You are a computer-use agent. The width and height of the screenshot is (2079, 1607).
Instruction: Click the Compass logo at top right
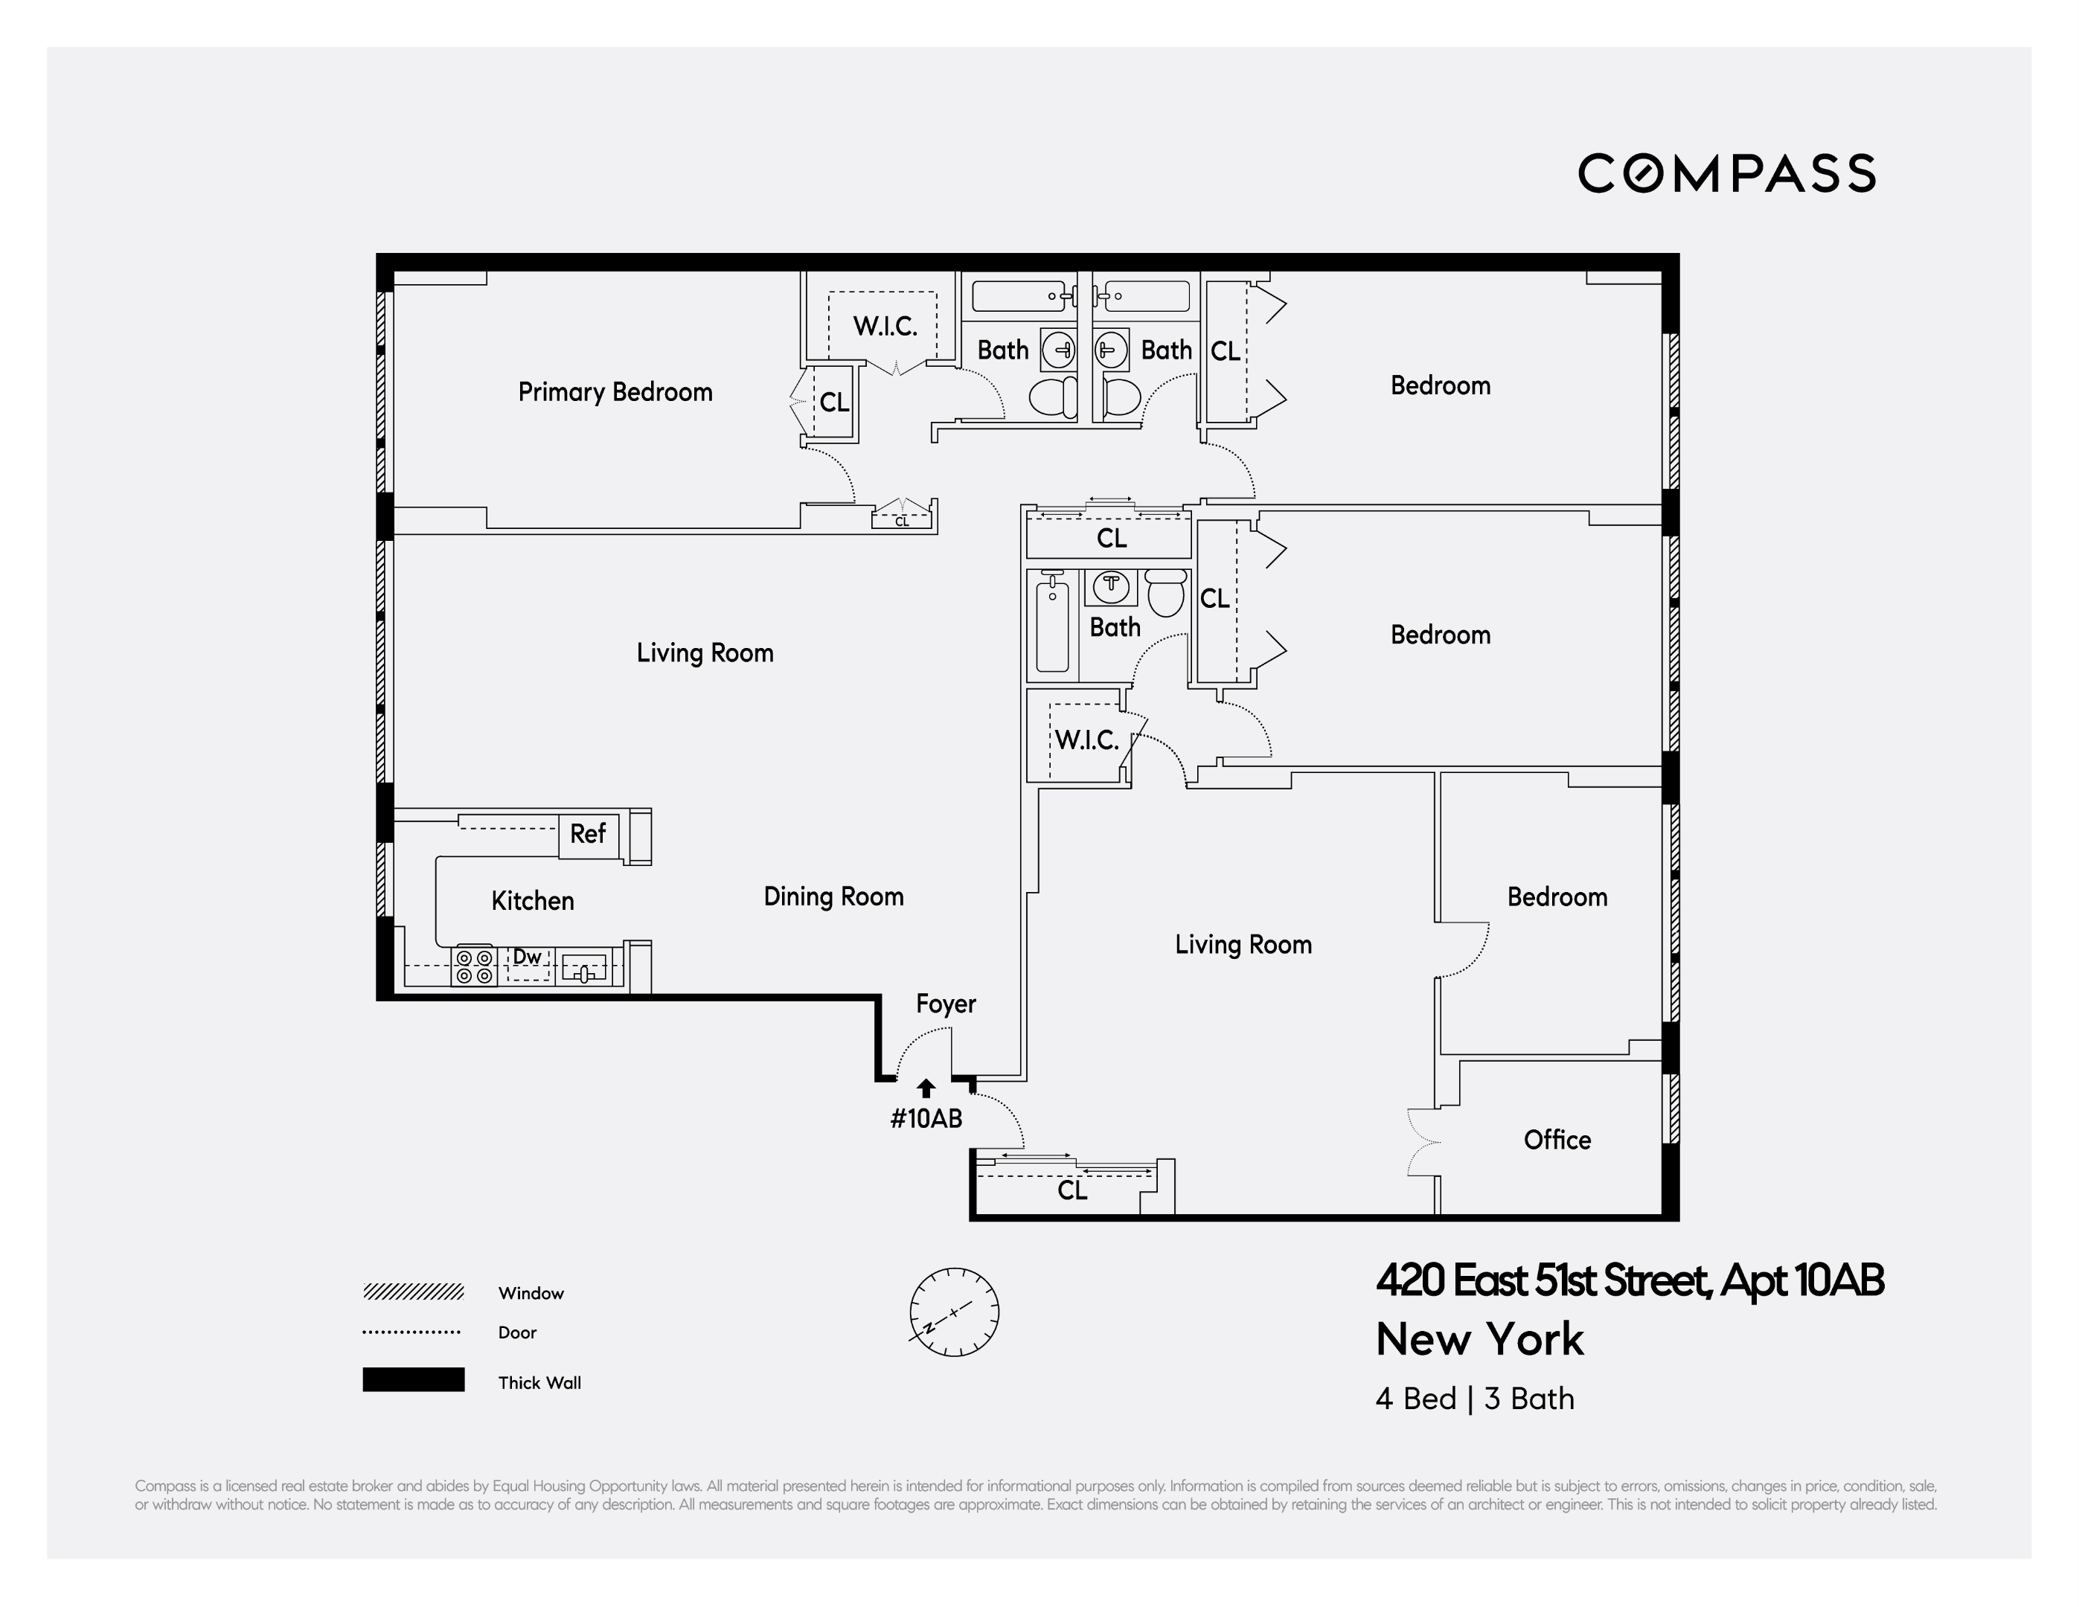[x=1726, y=173]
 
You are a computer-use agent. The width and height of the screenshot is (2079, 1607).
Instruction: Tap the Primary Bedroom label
[x=615, y=392]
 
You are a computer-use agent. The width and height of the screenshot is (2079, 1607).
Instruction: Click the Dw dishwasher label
[x=528, y=957]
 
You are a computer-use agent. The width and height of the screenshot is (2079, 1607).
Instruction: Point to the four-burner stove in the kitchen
[x=473, y=966]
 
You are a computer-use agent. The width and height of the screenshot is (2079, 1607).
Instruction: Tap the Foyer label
[x=945, y=1004]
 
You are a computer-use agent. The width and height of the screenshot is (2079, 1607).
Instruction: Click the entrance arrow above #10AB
[x=925, y=1088]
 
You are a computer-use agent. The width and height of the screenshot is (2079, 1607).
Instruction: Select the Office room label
[x=1557, y=1140]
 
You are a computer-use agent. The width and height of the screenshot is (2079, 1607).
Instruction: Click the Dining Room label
[x=833, y=896]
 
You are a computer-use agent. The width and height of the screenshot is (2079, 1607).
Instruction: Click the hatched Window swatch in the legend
[x=413, y=1292]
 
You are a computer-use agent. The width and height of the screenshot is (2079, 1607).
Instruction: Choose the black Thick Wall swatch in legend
[x=413, y=1379]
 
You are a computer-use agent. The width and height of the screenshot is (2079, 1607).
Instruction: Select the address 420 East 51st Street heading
[x=1629, y=1280]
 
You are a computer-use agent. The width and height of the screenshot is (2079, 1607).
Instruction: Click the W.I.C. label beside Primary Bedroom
[x=884, y=327]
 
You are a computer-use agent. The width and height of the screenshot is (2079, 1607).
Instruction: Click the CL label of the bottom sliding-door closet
[x=1071, y=1190]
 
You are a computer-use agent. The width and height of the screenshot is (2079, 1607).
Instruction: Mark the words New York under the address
[x=1479, y=1339]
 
